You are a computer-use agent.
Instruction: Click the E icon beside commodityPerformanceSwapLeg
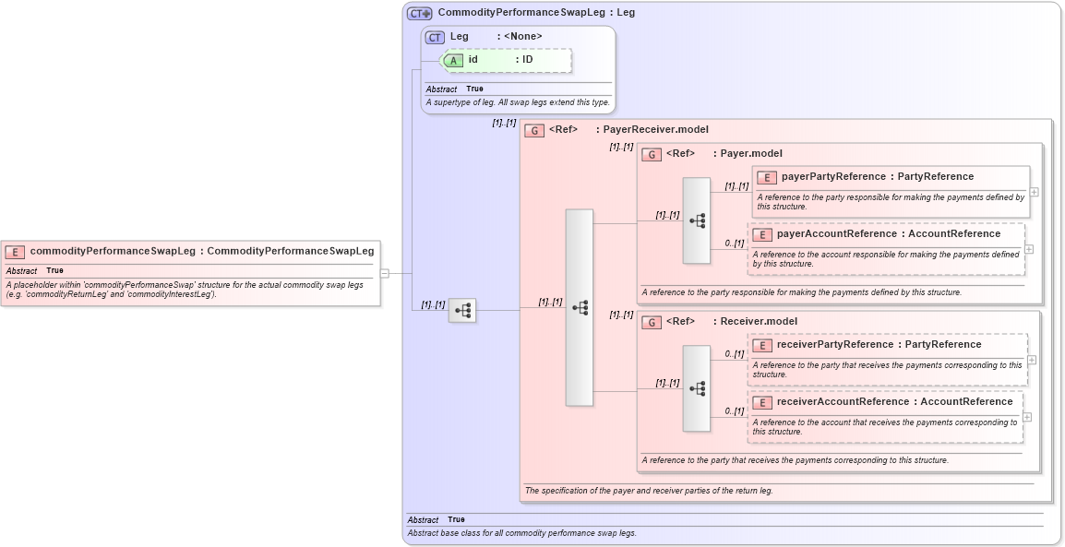tap(15, 252)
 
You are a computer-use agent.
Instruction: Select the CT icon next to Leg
tap(435, 37)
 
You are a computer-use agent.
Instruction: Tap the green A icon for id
tap(454, 60)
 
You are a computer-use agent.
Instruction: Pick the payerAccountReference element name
tap(837, 234)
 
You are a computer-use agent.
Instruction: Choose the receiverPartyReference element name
tap(835, 345)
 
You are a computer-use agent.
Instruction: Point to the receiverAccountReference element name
tap(842, 402)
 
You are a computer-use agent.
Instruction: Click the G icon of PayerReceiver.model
tap(534, 130)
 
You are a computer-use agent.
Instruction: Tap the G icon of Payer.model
tap(652, 154)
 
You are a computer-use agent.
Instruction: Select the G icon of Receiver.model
tap(652, 322)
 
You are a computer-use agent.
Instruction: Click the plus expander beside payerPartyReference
tap(1034, 192)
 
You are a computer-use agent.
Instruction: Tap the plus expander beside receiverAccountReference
tap(1027, 417)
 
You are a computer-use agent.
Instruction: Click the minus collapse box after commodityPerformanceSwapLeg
tap(385, 273)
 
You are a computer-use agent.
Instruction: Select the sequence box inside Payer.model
tap(697, 220)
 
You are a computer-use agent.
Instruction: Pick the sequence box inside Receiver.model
tap(697, 388)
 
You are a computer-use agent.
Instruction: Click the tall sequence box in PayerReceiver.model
tap(580, 307)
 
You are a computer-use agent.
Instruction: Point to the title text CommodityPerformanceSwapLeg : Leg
tap(536, 13)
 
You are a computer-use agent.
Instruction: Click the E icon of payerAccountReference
tap(761, 235)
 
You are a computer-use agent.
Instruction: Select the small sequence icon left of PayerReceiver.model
tap(462, 311)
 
